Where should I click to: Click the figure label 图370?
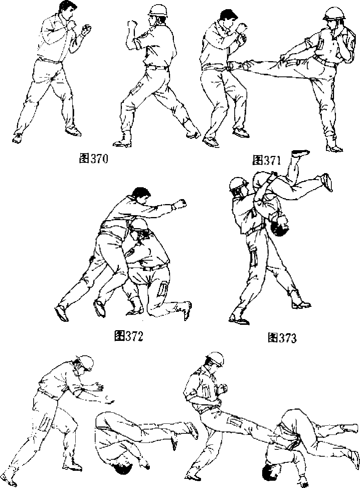point(94,159)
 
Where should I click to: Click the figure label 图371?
point(266,160)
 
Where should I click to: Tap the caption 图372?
point(129,336)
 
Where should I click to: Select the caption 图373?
point(282,338)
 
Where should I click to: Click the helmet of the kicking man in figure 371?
point(334,13)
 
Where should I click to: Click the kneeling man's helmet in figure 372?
point(139,227)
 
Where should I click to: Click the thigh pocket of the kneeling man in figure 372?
point(162,290)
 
